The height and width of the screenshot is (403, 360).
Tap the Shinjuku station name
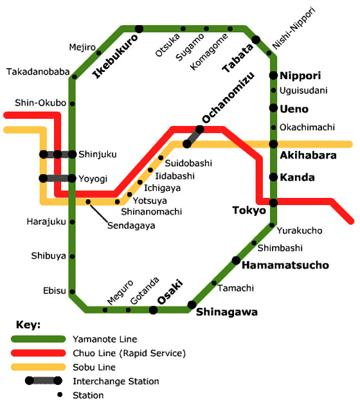tap(98, 154)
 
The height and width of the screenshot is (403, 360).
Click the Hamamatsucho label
tap(285, 265)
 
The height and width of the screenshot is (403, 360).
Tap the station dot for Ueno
tap(273, 109)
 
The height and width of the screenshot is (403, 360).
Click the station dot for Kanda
tap(273, 177)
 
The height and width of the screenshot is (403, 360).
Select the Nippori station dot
tap(273, 75)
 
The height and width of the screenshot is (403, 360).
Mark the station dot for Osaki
tap(153, 310)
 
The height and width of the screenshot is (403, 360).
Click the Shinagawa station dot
tap(192, 305)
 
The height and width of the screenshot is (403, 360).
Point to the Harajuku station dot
tap(72, 222)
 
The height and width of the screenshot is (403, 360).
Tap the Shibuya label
tap(48, 256)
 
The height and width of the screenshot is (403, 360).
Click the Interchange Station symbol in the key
tap(43, 381)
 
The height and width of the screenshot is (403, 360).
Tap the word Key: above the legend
tap(27, 323)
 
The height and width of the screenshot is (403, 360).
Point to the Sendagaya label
tap(130, 226)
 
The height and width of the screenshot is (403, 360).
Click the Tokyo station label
tap(249, 211)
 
